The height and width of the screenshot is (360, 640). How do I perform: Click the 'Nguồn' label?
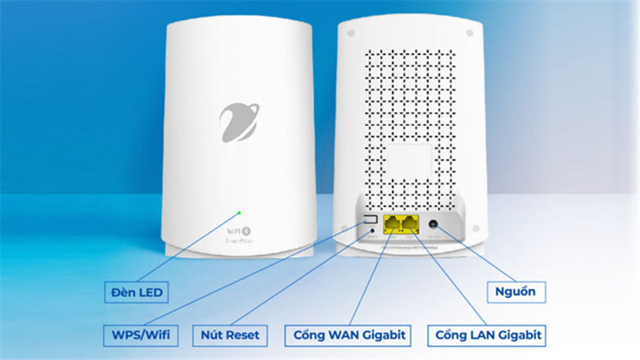point(516,290)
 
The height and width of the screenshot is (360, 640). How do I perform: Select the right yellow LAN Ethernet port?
point(409,222)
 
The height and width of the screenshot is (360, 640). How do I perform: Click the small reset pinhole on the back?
point(373,231)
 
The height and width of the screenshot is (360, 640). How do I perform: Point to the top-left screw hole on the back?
point(350,34)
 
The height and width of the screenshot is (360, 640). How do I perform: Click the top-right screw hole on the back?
point(470,34)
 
